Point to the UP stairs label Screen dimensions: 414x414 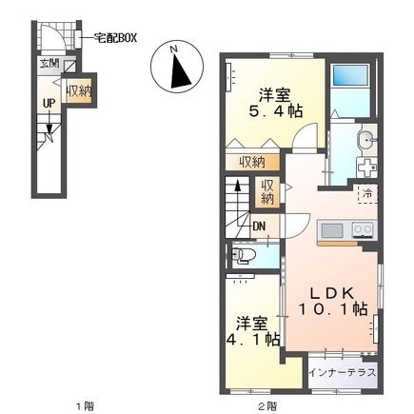point(48,105)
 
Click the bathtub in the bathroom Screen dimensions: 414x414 point(351,79)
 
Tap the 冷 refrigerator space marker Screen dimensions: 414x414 point(367,193)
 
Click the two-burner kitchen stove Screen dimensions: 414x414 point(363,229)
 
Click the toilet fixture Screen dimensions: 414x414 point(244,255)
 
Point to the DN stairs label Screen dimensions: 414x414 point(259,226)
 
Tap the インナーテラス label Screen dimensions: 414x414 point(343,371)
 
